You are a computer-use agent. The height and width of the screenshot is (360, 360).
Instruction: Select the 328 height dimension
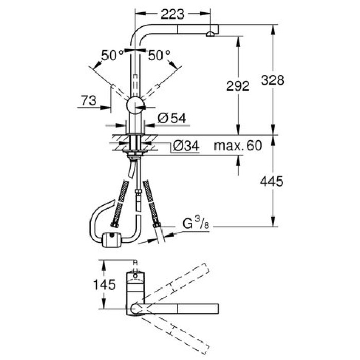[x=272, y=80]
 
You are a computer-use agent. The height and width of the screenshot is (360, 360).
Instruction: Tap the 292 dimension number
[x=238, y=86]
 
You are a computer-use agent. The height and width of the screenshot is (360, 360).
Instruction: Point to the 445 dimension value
[x=272, y=181]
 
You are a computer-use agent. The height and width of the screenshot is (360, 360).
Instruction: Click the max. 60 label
[x=238, y=146]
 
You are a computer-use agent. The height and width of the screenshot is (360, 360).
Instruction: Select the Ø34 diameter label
[x=184, y=146]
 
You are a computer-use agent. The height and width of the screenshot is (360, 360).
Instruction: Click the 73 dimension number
[x=88, y=101]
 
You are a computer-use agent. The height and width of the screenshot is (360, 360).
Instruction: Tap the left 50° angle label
[x=113, y=55]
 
